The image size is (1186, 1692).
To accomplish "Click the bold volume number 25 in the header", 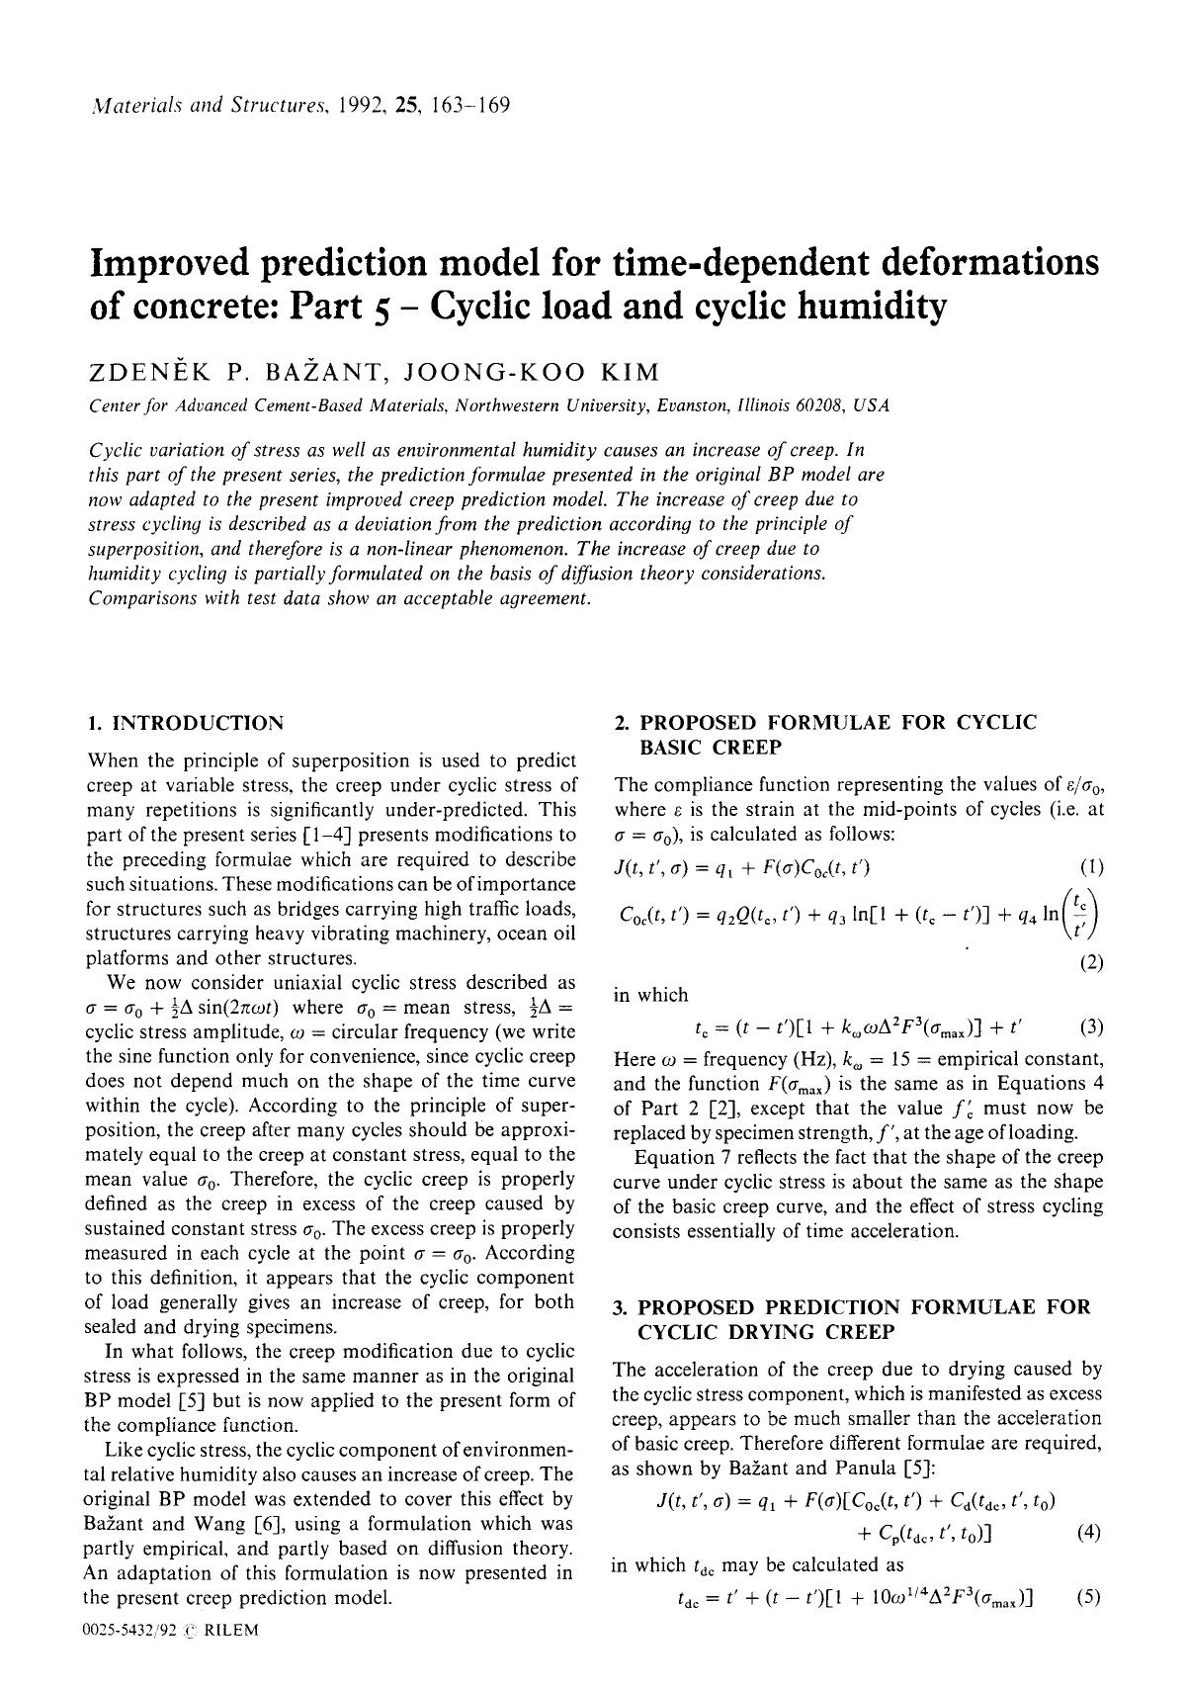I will pos(403,105).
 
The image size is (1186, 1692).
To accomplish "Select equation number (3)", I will pos(1091,1026).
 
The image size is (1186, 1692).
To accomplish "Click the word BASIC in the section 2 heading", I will pos(669,748).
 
